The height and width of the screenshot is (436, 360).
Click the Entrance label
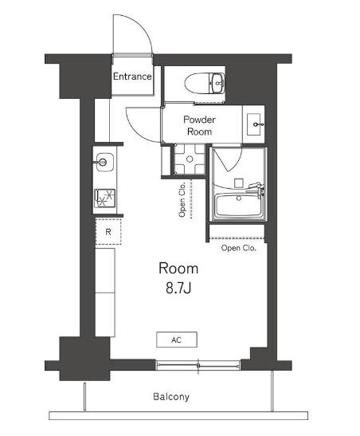click(x=132, y=77)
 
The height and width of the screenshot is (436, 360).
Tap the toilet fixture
click(x=205, y=83)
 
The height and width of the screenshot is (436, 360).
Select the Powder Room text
click(x=199, y=125)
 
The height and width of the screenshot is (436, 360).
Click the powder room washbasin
click(x=254, y=124)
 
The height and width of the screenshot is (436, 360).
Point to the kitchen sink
click(x=104, y=162)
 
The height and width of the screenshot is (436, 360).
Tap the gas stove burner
click(x=104, y=198)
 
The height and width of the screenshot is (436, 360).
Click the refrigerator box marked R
click(x=108, y=232)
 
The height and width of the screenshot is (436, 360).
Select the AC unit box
click(x=177, y=340)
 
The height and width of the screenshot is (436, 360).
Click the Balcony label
click(x=171, y=396)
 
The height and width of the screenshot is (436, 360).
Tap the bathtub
click(x=239, y=206)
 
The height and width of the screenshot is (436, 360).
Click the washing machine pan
click(x=190, y=159)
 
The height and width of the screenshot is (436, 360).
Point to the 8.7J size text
click(x=178, y=289)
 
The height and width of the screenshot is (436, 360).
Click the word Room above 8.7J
click(x=178, y=269)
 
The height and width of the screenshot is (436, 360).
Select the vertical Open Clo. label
click(x=182, y=199)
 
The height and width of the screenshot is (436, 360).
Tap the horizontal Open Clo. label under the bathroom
click(x=239, y=248)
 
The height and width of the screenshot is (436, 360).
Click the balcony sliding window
click(x=198, y=365)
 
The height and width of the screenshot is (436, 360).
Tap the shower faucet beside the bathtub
click(x=256, y=189)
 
